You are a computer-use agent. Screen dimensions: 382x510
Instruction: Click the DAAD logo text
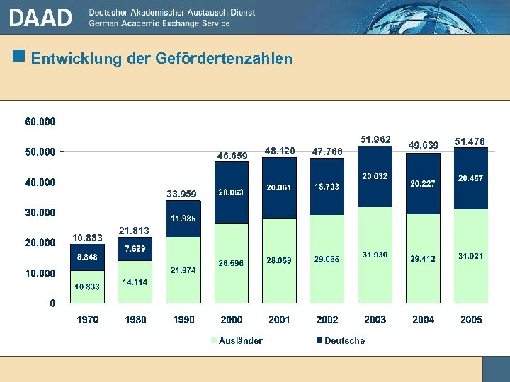(x=40, y=18)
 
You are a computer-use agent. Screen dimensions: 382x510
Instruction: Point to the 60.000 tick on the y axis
(x=40, y=122)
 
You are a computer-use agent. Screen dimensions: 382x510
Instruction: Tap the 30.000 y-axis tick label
(x=40, y=212)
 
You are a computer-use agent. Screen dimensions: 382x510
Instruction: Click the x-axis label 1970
(x=88, y=320)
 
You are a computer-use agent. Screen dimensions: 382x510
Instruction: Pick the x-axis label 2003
(x=375, y=320)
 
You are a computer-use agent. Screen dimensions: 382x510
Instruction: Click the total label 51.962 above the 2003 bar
(x=375, y=140)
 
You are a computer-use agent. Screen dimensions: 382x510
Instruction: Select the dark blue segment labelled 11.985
(x=183, y=219)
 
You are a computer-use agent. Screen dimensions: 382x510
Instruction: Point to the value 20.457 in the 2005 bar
(x=471, y=179)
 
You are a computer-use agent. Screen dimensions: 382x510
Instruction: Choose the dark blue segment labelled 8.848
(x=88, y=257)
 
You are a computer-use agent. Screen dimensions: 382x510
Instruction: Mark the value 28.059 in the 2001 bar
(x=279, y=260)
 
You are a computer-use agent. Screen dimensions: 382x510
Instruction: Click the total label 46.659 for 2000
(x=232, y=156)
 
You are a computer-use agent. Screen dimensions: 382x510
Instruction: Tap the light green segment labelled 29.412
(x=423, y=259)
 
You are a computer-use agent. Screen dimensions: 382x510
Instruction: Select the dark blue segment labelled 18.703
(x=327, y=187)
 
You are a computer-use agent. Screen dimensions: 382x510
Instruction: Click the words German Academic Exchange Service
(x=159, y=23)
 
